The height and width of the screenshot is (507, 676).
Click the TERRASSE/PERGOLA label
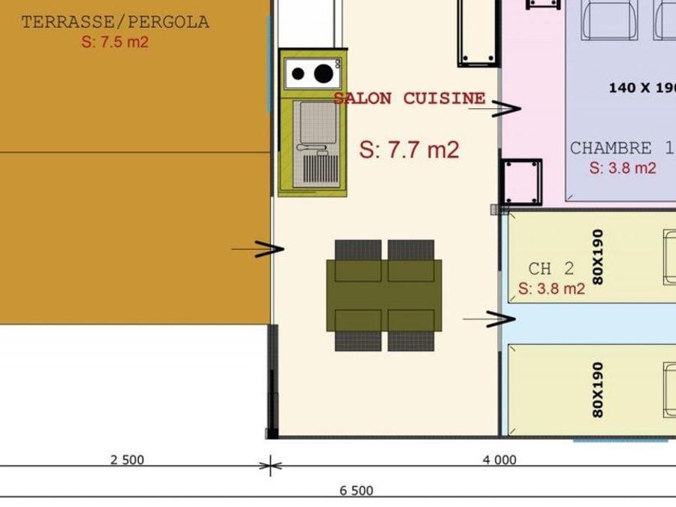point(116,22)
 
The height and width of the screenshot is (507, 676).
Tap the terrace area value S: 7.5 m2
point(115,42)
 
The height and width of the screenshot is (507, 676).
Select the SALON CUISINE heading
point(409,98)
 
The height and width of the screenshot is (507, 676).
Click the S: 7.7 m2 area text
point(409,150)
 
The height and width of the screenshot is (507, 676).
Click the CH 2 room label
point(551,269)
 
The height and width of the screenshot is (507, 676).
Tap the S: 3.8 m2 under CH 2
point(551,288)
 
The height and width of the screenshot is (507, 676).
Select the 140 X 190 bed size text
point(642,88)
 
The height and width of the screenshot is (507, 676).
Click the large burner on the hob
point(323,74)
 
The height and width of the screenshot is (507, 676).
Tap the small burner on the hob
point(298,74)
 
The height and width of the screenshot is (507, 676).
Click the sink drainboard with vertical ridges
point(321,168)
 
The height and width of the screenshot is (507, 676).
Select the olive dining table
point(384,295)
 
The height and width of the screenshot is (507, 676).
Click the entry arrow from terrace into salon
point(258,249)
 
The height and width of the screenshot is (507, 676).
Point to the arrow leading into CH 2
point(489,319)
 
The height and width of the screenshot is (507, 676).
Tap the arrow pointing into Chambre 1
point(495,109)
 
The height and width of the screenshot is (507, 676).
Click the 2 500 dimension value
point(127,460)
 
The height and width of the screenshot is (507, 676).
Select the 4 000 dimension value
point(499,460)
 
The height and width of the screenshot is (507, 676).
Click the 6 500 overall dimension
point(357,490)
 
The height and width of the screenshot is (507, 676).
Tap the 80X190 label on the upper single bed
point(598,257)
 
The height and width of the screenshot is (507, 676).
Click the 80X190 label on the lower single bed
point(598,390)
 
